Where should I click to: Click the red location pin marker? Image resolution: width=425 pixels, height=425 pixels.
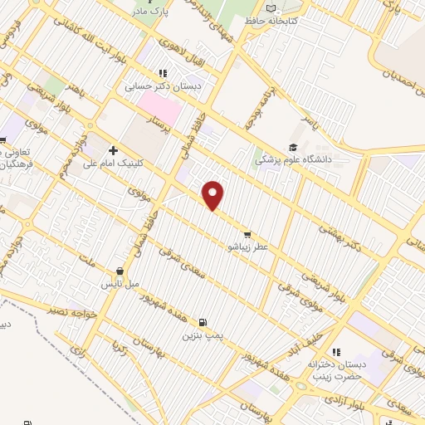214,195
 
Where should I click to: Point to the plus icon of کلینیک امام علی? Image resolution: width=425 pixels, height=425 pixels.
113,149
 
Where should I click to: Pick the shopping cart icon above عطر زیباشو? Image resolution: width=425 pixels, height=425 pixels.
247,233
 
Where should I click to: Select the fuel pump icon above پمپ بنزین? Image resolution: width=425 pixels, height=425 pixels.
202,322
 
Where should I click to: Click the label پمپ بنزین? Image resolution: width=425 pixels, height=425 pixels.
203,336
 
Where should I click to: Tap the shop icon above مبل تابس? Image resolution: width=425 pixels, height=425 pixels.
120,271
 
